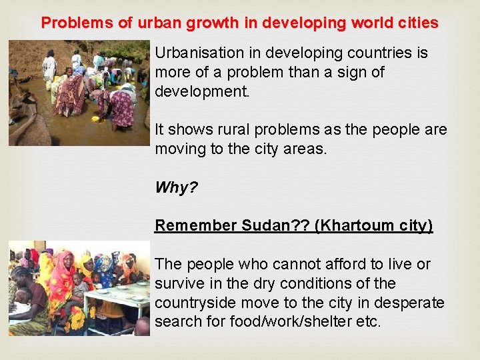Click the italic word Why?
coord(176,187)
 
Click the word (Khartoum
coord(347,225)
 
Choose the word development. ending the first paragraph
coord(202,91)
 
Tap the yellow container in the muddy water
coord(95,118)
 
